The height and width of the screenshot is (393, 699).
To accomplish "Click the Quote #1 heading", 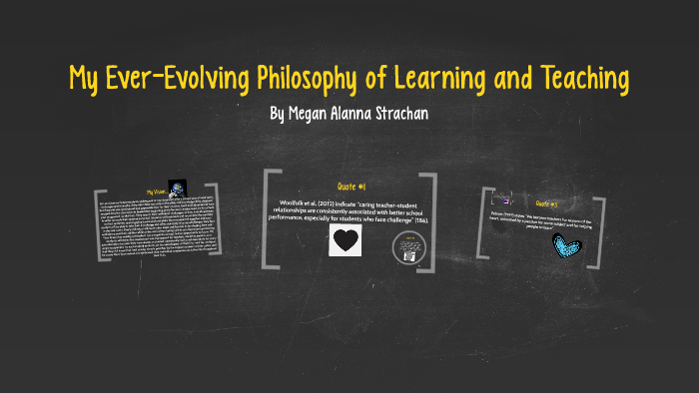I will point(349,187).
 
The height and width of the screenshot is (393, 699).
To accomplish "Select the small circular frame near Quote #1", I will point(407,246).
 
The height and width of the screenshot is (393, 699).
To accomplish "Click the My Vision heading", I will point(156,192).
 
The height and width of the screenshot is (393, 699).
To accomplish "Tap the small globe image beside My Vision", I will point(177,188).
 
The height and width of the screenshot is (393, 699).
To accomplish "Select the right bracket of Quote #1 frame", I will point(431,219).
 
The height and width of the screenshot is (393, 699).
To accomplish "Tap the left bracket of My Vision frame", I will point(98,224).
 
